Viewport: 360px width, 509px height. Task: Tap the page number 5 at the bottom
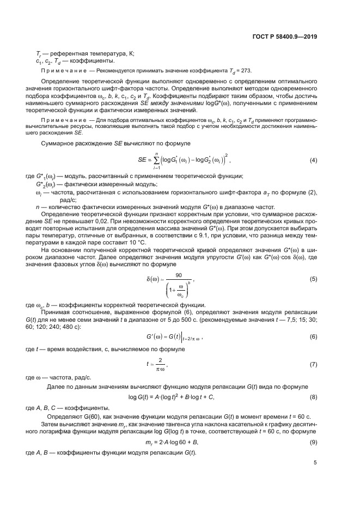pos(315,463)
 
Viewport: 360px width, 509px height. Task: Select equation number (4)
pos(313,160)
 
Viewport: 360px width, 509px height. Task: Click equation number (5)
pos(313,279)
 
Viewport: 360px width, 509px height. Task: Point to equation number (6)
pos(313,337)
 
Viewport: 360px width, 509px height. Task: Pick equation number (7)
pos(313,364)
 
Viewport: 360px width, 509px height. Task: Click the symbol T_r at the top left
pos(39,54)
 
